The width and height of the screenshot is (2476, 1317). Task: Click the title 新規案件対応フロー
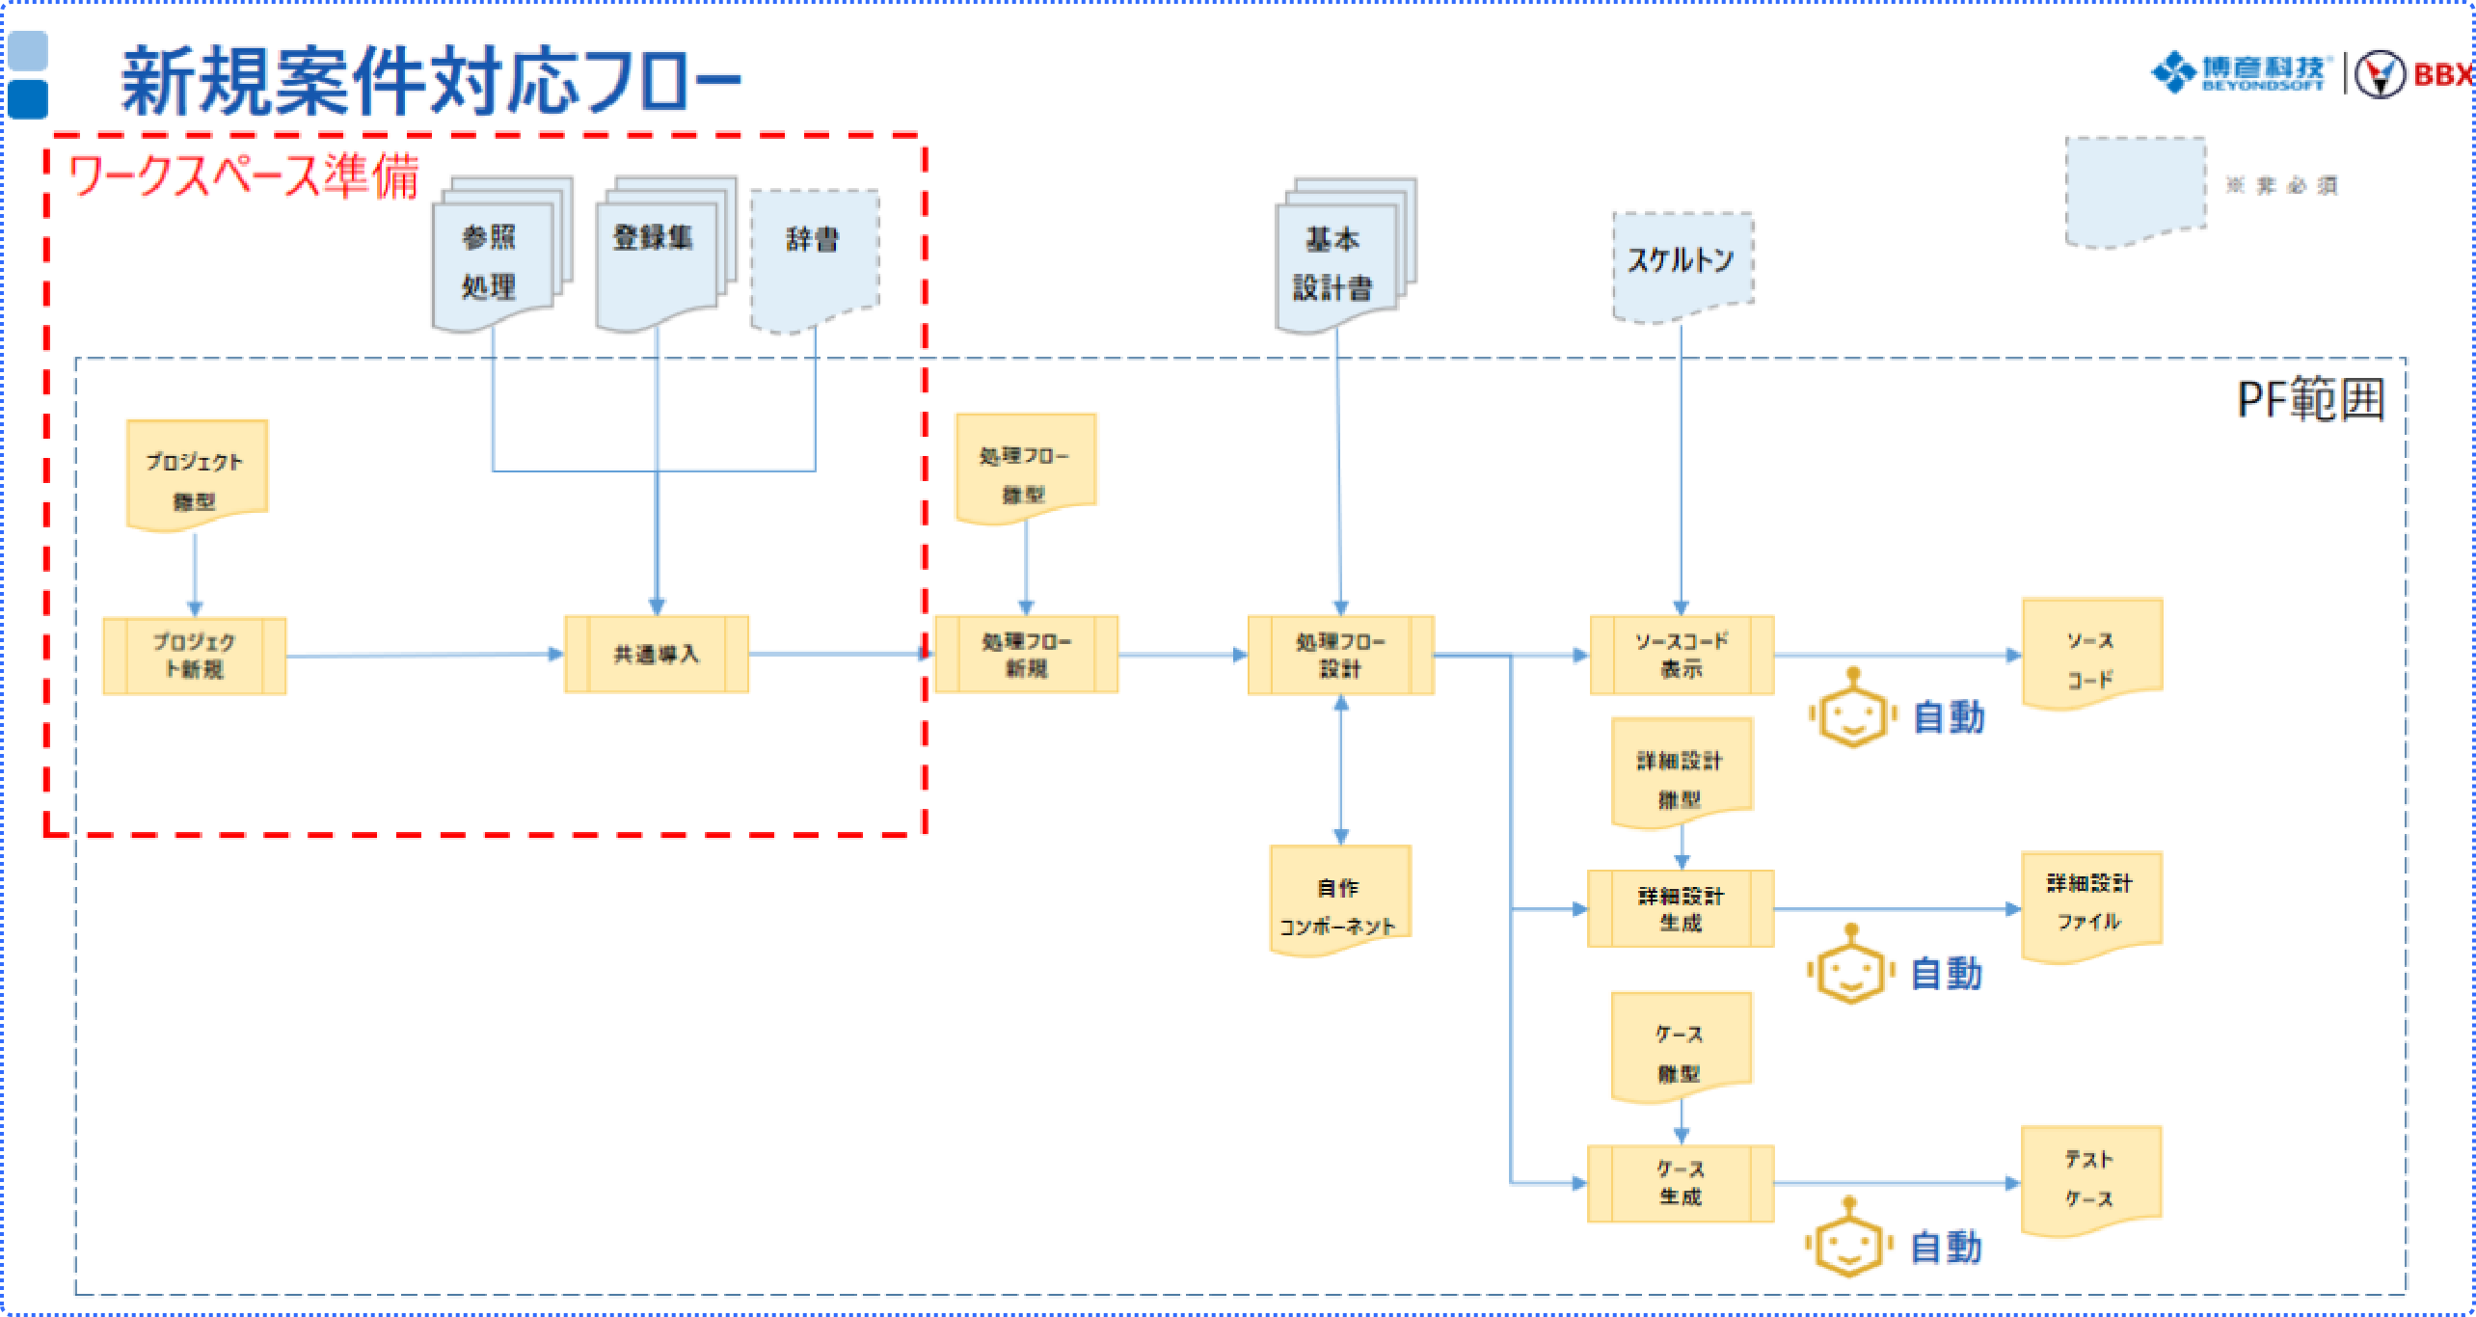(430, 81)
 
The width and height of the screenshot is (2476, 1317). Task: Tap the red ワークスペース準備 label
(243, 176)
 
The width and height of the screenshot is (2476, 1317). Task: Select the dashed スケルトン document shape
(1682, 264)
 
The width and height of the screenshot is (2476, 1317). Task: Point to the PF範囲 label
(2310, 399)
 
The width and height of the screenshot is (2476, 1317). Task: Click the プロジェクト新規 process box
(195, 656)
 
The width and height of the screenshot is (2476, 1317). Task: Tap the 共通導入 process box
(657, 655)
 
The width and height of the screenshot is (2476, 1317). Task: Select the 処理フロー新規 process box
(1026, 655)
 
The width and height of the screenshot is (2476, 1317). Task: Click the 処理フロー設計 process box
(1340, 656)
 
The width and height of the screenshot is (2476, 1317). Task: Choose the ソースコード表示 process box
(1682, 656)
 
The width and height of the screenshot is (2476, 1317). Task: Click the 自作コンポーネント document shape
(1339, 900)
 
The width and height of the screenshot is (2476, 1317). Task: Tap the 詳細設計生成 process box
(1681, 909)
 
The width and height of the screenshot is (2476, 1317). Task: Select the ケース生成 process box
(1681, 1183)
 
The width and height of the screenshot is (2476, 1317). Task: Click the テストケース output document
(2090, 1178)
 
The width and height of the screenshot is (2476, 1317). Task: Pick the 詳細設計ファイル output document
(2090, 903)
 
